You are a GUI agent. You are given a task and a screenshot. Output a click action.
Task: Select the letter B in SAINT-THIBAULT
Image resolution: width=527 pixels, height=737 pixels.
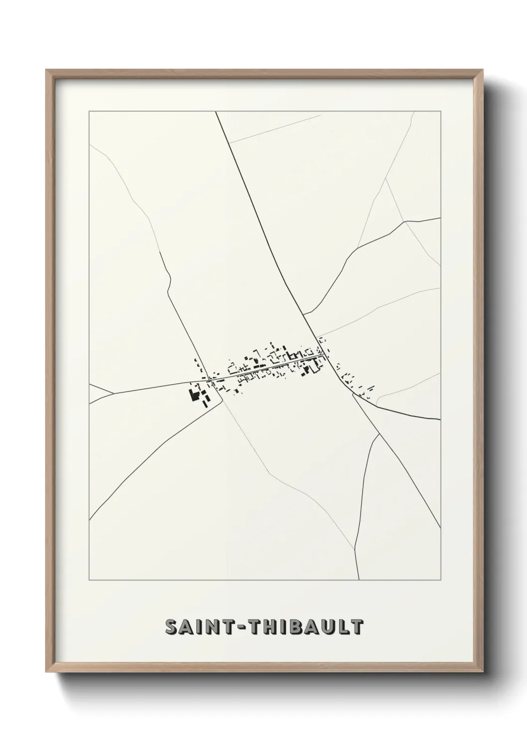[301, 627]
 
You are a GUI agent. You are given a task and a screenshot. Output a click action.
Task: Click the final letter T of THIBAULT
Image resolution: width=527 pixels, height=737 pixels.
[357, 627]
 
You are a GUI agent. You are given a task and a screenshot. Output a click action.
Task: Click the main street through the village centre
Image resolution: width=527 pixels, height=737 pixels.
[264, 368]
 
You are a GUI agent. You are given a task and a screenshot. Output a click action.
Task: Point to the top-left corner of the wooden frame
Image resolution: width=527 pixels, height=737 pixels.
[47, 71]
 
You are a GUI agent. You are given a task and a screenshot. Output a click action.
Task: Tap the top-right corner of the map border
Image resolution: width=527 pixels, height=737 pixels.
[441, 112]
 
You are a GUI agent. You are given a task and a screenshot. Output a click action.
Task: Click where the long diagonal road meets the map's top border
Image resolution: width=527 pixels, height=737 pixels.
[216, 112]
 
